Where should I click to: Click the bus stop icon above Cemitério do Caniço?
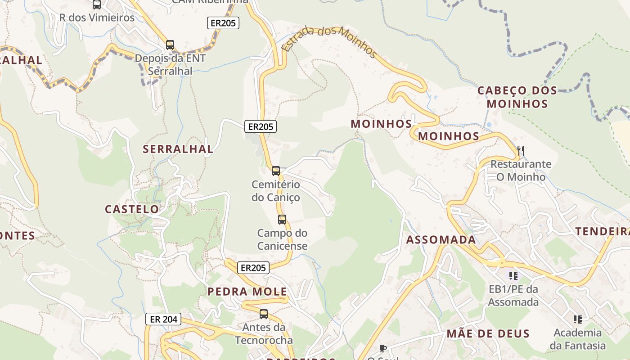tap(276, 171)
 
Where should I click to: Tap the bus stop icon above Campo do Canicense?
tap(282, 220)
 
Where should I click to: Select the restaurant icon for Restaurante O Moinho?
tap(521, 151)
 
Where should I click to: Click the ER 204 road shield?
tap(163, 319)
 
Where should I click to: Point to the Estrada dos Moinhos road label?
tap(329, 42)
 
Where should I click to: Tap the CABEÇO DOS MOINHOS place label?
tap(517, 97)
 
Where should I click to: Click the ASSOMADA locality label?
tap(441, 240)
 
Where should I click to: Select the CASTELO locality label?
tap(132, 209)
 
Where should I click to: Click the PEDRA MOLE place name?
tap(247, 292)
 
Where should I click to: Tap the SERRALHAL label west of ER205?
tap(178, 149)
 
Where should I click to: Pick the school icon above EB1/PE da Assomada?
tap(513, 275)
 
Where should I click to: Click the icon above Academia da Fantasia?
tap(578, 319)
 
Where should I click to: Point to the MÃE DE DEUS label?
tap(488, 334)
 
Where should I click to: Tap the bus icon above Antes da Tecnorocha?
tap(264, 314)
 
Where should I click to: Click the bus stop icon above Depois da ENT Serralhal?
tap(170, 45)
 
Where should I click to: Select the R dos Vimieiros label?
tap(97, 18)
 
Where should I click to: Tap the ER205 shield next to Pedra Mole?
tap(253, 268)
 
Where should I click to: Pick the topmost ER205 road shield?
tap(223, 23)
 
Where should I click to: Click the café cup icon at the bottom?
tap(383, 348)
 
